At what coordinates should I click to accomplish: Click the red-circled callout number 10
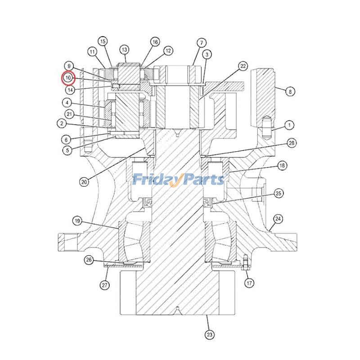point(68,78)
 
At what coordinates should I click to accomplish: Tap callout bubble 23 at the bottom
point(209,334)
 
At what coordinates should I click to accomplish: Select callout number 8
point(290,92)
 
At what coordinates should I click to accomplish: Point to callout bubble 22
point(243,66)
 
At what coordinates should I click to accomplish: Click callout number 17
point(249,283)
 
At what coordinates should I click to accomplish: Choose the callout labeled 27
point(104,285)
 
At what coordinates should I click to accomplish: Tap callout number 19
point(77,221)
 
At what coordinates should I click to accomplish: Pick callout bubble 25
point(278,193)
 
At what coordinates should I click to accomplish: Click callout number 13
point(124,49)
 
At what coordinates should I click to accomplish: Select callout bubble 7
point(202,43)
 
